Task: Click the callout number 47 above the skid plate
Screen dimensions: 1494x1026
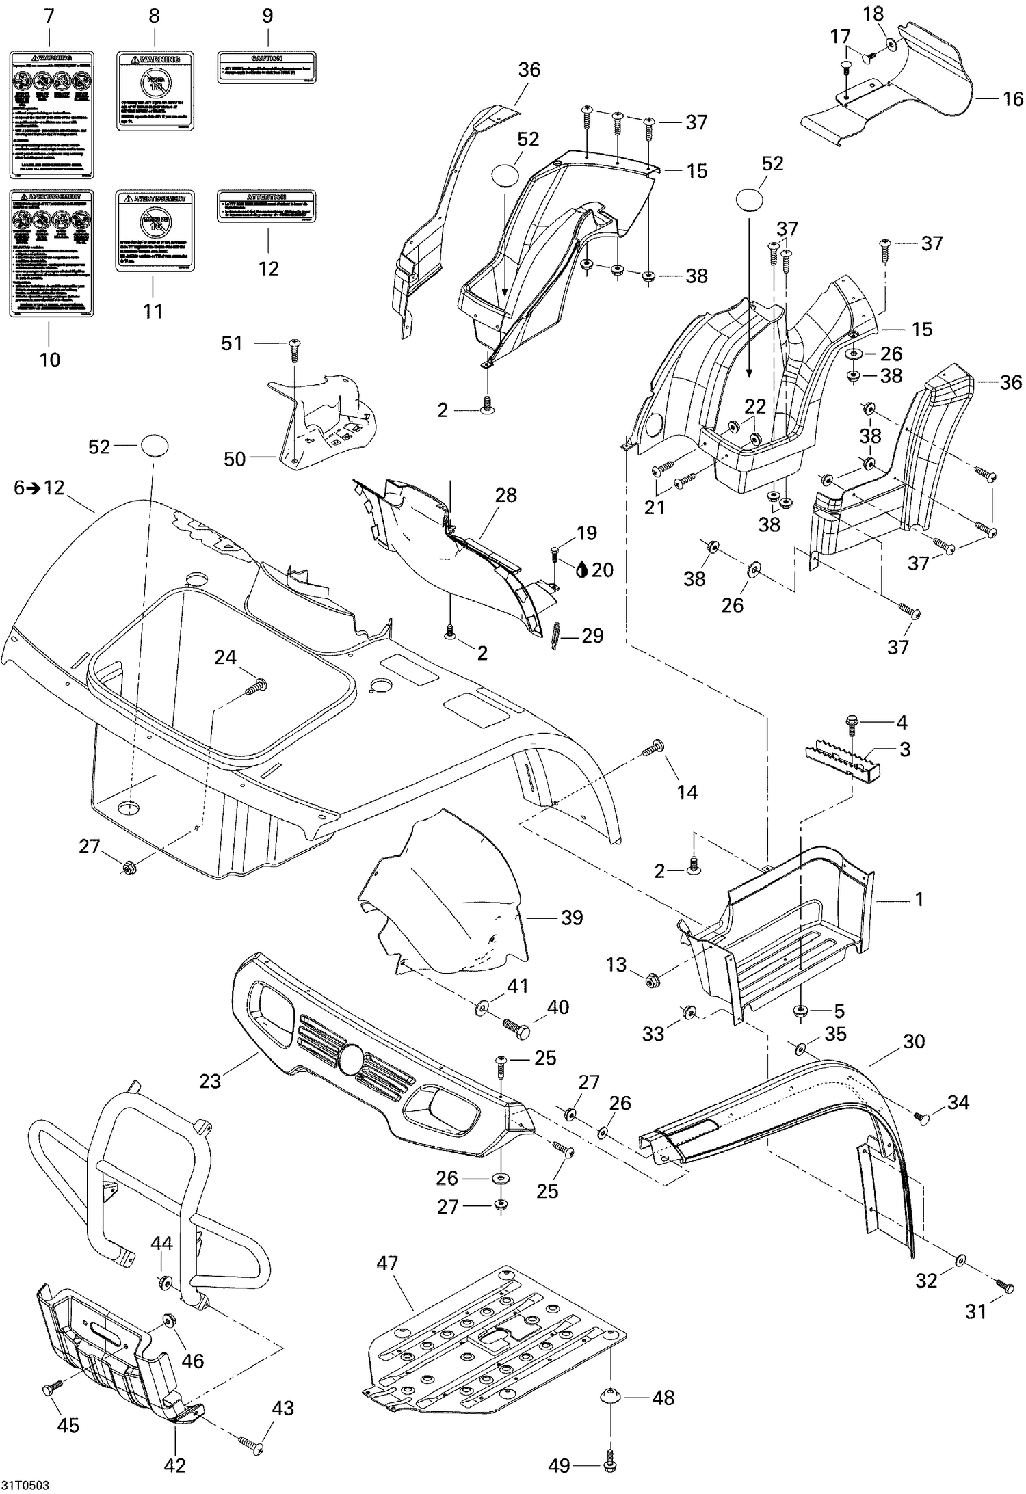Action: (x=387, y=1264)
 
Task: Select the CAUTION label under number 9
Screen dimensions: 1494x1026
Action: (x=267, y=67)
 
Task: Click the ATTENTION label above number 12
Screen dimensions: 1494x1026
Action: (x=267, y=206)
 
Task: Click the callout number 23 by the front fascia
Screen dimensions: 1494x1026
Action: (x=210, y=1082)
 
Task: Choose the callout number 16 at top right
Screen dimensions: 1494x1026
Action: (x=1013, y=98)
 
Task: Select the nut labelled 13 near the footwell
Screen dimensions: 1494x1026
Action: (x=652, y=982)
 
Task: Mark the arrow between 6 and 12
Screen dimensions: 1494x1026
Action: (x=33, y=488)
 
